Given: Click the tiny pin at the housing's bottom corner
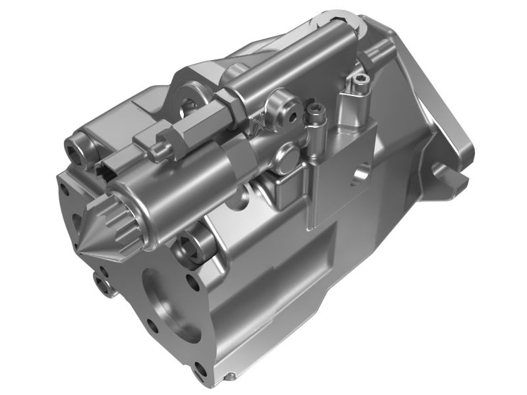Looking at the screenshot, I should click(231, 377).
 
